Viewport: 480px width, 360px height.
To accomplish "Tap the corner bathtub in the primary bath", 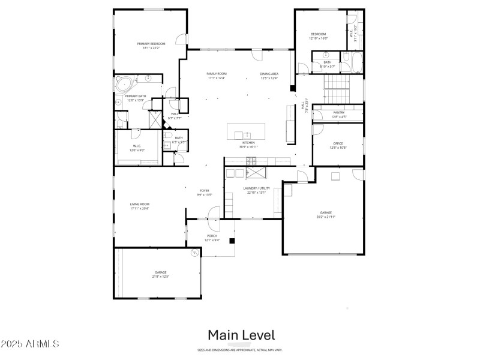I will point(124,83).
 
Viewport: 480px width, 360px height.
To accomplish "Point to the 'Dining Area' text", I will point(269,74).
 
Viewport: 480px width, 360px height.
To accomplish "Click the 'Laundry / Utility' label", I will point(256,188).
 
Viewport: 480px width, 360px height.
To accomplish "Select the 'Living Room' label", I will point(140,205).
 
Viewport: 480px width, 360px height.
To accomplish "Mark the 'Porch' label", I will point(212,236).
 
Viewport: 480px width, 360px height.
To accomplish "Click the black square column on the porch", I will point(232,241).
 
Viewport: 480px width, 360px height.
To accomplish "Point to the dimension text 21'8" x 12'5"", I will point(161,277).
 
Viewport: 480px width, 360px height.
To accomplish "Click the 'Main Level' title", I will point(241,335).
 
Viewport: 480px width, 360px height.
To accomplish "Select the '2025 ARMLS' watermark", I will point(30,344).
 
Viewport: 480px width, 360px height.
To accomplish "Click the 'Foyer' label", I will point(205,191).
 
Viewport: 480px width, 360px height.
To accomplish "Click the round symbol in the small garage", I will point(195,254).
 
